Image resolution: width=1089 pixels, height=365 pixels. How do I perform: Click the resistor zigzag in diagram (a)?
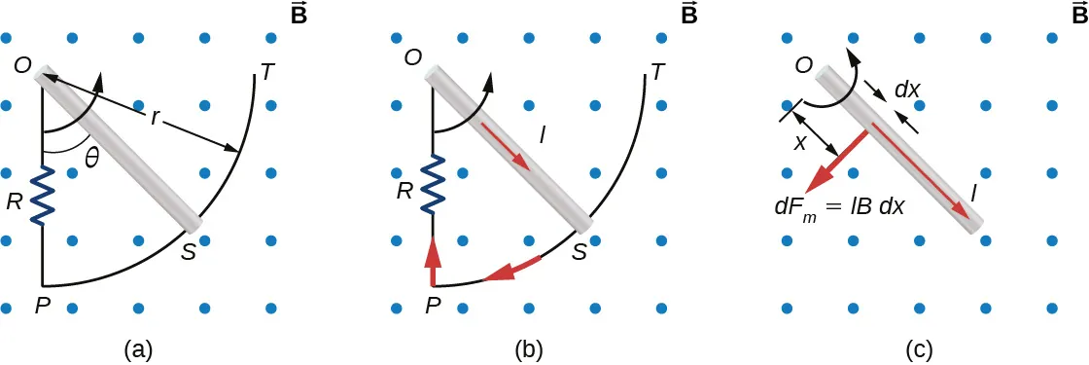(42, 195)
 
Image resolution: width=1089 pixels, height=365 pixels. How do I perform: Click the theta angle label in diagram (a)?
(92, 160)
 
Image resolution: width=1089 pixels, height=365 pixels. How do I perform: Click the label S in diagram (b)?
(579, 251)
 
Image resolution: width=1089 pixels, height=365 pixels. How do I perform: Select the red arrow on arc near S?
(511, 270)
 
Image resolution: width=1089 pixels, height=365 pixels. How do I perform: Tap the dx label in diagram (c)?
(906, 89)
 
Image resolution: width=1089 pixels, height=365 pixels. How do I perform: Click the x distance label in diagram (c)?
(800, 142)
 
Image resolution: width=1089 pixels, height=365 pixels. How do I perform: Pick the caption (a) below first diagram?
(135, 347)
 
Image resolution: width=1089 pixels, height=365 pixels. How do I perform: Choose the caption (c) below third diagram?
(916, 347)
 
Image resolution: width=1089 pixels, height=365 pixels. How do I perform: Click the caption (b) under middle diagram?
(525, 347)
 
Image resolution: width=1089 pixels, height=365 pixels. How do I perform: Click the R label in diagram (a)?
(15, 202)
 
